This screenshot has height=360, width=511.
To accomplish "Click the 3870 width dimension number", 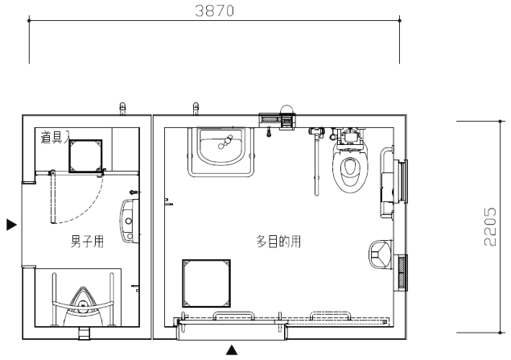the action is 214,10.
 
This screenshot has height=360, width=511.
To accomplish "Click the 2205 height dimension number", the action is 490,226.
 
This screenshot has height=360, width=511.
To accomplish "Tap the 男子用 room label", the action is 88,242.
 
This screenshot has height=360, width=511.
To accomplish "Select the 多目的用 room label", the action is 278,242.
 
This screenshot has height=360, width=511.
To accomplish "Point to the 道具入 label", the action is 56,137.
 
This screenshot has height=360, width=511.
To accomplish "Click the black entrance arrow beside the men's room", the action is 12,225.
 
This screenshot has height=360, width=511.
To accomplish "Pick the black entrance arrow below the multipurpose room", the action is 232,350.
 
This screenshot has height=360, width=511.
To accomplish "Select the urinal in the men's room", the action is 84,307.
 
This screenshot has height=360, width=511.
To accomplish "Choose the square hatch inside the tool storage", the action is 86,156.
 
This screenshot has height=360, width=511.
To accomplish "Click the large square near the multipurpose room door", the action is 206,283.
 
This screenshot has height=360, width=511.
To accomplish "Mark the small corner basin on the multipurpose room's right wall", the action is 380,254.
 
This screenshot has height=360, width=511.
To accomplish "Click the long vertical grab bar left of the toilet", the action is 316,164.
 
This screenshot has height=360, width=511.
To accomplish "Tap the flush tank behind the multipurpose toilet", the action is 350,135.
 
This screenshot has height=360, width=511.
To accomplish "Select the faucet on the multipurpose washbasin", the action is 225,142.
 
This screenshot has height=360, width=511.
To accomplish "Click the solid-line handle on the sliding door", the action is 233,316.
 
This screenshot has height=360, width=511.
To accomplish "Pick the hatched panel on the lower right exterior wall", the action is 402,272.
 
